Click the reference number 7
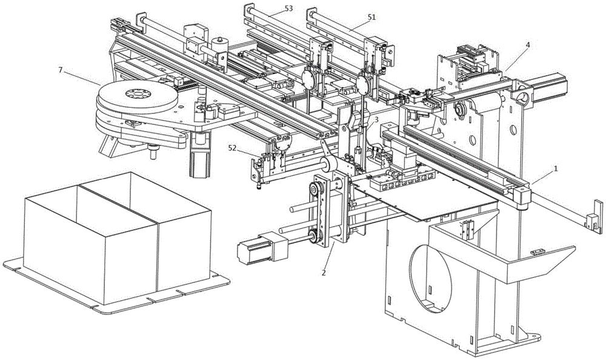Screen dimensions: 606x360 click(x=60, y=70)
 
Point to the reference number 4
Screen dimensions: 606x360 click(x=528, y=45)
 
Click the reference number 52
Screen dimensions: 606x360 click(x=233, y=147)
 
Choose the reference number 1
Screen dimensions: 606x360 click(x=556, y=168)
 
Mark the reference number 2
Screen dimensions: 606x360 click(x=324, y=273)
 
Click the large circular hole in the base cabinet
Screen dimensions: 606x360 click(x=430, y=278)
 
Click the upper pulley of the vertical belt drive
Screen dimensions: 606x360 click(x=316, y=190)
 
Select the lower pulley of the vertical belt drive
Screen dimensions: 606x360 click(x=315, y=236)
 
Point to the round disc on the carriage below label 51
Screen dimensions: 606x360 click(x=363, y=85)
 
